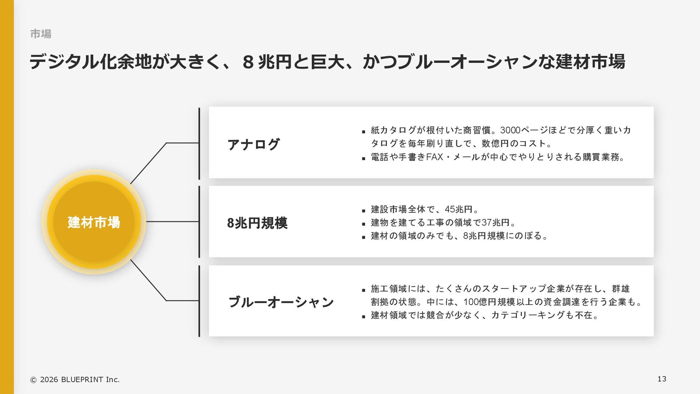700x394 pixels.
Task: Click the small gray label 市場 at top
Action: [x=40, y=34]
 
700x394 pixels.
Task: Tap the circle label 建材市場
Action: [x=94, y=222]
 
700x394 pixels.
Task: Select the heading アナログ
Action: [x=254, y=144]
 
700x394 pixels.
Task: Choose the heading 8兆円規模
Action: [x=257, y=223]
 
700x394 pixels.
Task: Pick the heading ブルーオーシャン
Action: [x=281, y=302]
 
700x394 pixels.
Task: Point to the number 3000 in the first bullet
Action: [x=510, y=130]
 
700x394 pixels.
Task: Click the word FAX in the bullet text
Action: [x=434, y=157]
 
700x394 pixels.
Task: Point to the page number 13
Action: [x=662, y=379]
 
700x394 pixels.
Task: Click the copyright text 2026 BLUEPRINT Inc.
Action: [x=79, y=379]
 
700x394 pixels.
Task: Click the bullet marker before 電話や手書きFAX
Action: [x=363, y=158]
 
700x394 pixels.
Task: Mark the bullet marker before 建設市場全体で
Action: [x=363, y=211]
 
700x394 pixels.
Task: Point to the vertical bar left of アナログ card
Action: [x=199, y=143]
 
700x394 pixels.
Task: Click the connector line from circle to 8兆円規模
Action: [x=172, y=221]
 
